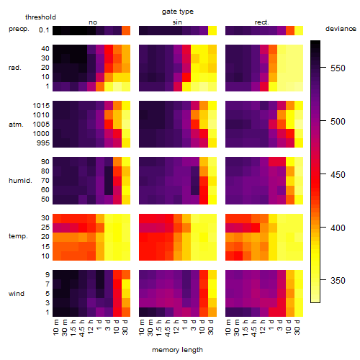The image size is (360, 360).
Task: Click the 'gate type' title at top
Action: click(178, 12)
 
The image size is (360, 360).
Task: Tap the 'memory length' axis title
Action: click(177, 350)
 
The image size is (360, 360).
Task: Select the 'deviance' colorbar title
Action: click(341, 29)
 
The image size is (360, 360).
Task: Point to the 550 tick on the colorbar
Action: click(323, 68)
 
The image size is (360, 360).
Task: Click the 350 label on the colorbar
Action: click(338, 280)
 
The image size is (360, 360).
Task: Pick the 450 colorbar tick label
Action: click(338, 174)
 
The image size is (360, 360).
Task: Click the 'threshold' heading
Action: click(40, 17)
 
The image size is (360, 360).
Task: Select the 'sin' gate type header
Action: click(177, 22)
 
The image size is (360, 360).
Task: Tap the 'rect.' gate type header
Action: click(262, 22)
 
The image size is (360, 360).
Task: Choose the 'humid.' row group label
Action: click(20, 181)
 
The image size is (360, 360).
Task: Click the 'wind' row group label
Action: click(17, 294)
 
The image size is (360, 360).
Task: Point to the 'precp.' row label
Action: click(19, 29)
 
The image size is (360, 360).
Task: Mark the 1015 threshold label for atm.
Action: click(41, 106)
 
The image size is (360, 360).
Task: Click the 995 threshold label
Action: click(43, 143)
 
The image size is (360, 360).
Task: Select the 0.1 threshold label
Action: click(44, 30)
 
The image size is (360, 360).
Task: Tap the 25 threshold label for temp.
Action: click(45, 228)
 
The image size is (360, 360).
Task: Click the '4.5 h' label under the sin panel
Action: click(168, 328)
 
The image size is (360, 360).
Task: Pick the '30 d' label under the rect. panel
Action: click(297, 327)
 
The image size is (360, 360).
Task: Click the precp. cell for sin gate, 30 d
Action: click(212, 31)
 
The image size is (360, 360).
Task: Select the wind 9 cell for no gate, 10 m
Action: click(57, 275)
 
